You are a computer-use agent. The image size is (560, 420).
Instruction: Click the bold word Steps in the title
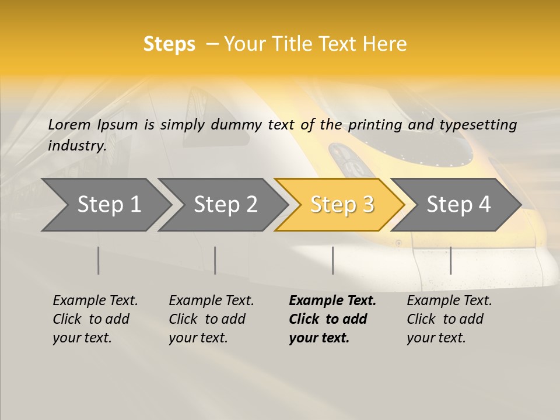click(169, 44)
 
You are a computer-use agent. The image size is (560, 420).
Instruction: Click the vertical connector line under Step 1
click(99, 260)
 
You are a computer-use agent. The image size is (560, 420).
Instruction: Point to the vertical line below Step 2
click(215, 260)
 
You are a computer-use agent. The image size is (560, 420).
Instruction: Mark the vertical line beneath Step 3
click(333, 260)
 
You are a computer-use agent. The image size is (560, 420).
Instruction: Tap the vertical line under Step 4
click(451, 260)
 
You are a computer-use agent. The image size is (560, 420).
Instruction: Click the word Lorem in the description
click(69, 125)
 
